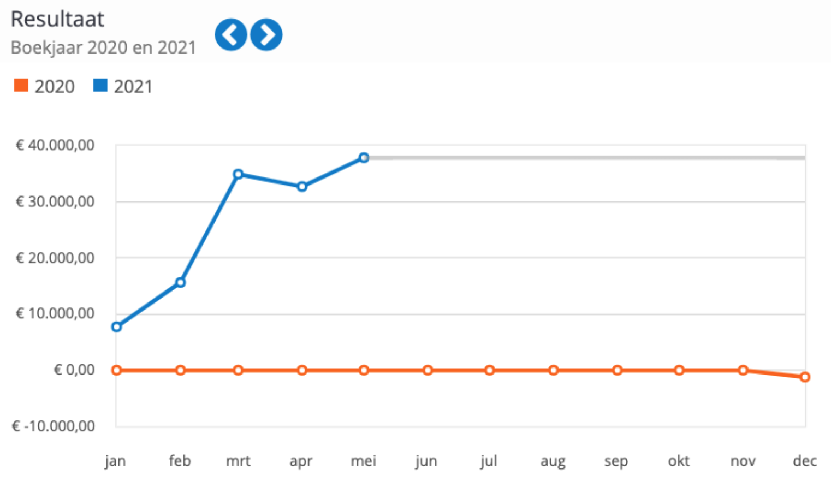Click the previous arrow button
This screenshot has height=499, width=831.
tap(231, 35)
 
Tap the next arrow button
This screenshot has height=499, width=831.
tap(266, 35)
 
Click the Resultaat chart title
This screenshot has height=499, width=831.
tap(57, 19)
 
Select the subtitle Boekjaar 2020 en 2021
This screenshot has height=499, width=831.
tap(103, 47)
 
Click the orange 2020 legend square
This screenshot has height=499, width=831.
tap(21, 86)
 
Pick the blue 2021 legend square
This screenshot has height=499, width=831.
tap(100, 86)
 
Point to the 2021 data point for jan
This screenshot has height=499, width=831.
tap(116, 327)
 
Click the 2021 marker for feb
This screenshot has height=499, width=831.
tap(180, 282)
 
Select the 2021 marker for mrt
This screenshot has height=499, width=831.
tap(238, 174)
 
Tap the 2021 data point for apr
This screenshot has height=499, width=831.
tap(302, 187)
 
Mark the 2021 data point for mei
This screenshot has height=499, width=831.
tap(364, 158)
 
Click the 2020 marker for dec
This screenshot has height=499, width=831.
tap(805, 377)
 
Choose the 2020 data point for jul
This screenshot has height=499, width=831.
tap(490, 370)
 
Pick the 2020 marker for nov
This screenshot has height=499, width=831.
tap(743, 370)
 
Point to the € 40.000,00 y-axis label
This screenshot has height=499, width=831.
tap(55, 145)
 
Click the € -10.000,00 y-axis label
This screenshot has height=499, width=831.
tap(54, 426)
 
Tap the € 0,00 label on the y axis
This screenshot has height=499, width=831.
tap(74, 370)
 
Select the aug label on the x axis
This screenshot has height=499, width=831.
tap(553, 461)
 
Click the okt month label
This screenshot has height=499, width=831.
tap(679, 461)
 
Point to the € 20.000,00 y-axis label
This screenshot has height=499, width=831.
tap(55, 258)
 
